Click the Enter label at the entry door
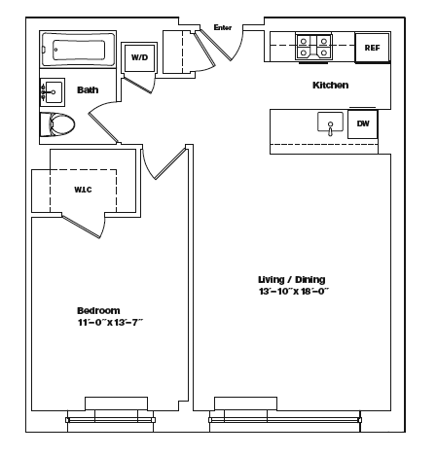point(223,27)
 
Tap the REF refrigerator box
point(372,48)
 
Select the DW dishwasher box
point(363,123)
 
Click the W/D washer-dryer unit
point(139,57)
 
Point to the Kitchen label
point(330,86)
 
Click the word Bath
point(88,89)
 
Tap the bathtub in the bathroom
point(78,50)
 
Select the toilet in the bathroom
point(57,124)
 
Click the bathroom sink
point(53,92)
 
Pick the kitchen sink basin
point(330,122)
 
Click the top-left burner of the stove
point(304,41)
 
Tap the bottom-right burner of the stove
point(324,53)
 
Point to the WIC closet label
point(83,190)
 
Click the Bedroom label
point(98,311)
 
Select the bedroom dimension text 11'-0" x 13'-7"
point(110,323)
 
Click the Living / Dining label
point(291,279)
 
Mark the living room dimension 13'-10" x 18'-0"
point(294,291)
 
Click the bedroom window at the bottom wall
point(110,420)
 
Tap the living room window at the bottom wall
point(285,420)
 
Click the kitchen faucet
point(330,128)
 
